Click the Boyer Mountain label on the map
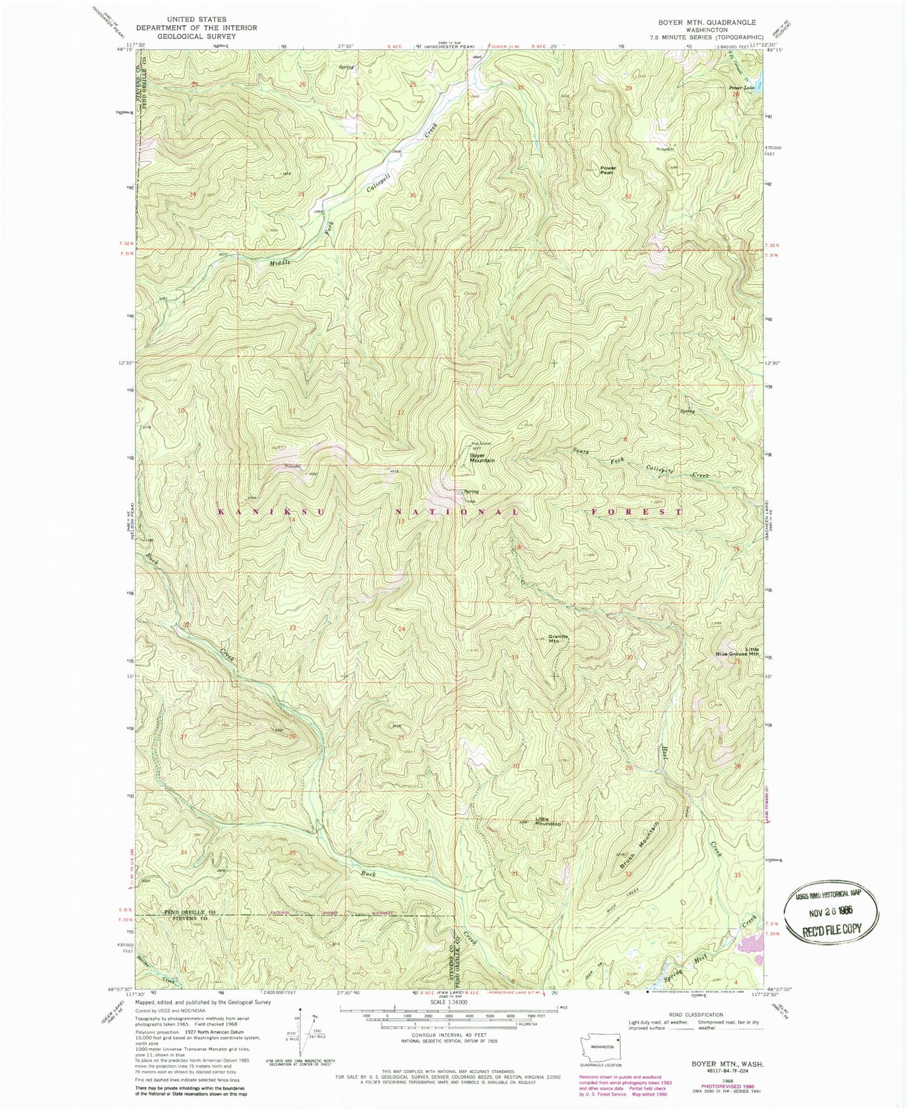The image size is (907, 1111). pyautogui.click(x=482, y=458)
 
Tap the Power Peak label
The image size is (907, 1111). pyautogui.click(x=608, y=170)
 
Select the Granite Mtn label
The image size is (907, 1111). pyautogui.click(x=558, y=639)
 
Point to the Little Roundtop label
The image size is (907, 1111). pyautogui.click(x=547, y=821)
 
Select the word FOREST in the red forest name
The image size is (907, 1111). pyautogui.click(x=637, y=512)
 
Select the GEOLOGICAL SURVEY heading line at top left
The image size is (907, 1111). pyautogui.click(x=196, y=36)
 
